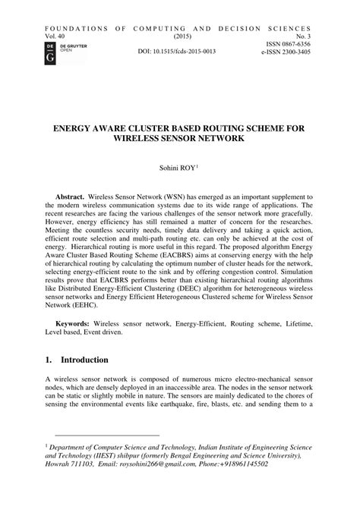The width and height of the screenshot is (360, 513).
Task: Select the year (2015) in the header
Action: tap(182, 36)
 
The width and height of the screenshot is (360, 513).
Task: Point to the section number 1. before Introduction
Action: tap(49, 360)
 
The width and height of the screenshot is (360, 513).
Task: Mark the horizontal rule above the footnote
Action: tap(102, 436)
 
